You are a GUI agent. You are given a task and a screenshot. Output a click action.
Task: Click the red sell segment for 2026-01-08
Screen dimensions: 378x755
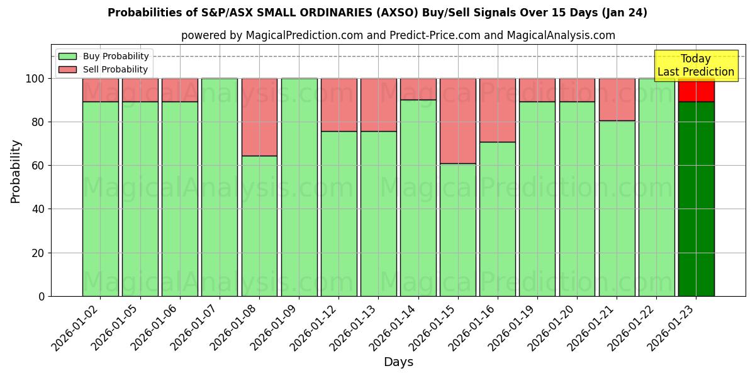click(259, 117)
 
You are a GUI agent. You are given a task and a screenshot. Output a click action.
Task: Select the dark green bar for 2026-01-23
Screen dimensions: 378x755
click(696, 198)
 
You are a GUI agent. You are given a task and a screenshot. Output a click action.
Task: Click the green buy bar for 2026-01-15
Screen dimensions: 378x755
click(458, 230)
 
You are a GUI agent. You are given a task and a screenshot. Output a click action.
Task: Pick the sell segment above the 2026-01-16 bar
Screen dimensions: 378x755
click(498, 110)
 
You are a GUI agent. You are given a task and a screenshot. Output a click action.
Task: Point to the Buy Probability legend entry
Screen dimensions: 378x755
click(104, 56)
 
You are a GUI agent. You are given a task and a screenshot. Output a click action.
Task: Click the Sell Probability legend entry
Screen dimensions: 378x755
click(104, 69)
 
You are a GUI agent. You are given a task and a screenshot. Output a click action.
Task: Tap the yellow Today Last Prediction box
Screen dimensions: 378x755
click(695, 66)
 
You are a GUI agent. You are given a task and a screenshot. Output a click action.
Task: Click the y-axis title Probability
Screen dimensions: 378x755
click(16, 171)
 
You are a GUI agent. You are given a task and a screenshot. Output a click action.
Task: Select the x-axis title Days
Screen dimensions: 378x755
click(398, 362)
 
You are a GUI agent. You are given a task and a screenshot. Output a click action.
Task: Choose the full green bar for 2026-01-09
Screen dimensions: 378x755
click(299, 187)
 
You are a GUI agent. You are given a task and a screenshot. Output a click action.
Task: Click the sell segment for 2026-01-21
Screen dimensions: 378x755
click(617, 99)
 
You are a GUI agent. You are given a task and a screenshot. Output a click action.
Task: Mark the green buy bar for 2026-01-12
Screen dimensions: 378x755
click(338, 214)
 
